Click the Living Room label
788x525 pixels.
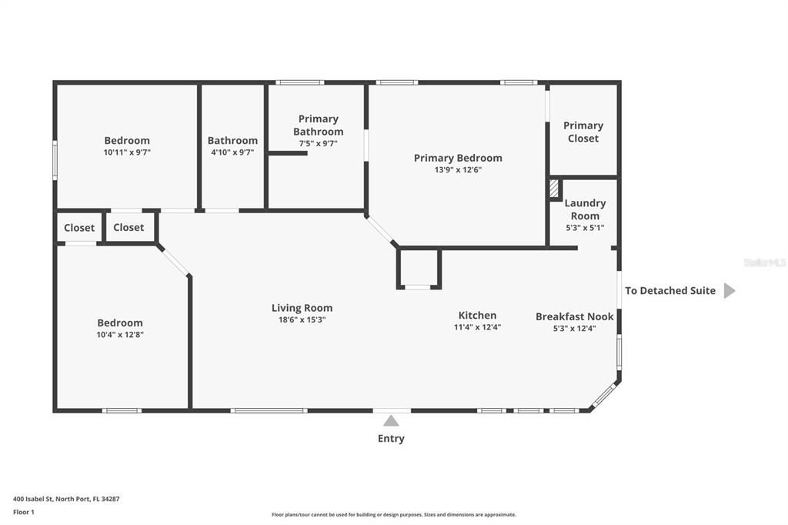click(302, 308)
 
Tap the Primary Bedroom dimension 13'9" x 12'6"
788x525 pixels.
click(458, 170)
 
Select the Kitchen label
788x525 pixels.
click(477, 315)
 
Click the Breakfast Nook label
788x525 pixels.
click(574, 316)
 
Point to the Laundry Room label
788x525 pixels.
click(585, 209)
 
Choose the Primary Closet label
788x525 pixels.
click(583, 132)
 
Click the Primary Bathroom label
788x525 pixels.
click(318, 125)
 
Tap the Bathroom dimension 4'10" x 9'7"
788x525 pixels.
click(232, 152)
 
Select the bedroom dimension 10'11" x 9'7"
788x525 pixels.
click(127, 152)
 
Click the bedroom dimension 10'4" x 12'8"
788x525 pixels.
click(120, 335)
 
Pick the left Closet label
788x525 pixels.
click(79, 228)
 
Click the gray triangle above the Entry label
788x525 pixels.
click(391, 420)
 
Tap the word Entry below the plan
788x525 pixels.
click(391, 439)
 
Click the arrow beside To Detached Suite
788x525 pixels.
click(730, 291)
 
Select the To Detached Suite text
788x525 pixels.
click(669, 291)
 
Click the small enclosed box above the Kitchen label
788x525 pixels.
click(419, 268)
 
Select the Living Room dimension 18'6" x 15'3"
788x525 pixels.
click(302, 320)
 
